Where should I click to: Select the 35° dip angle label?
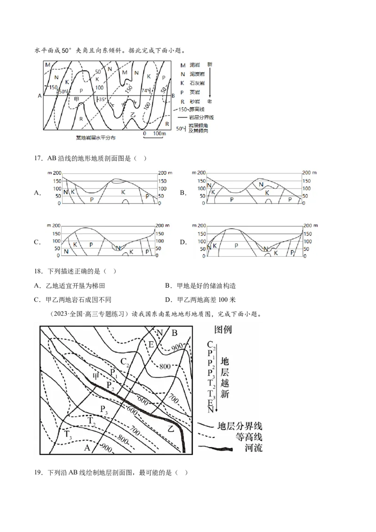coord(102,100)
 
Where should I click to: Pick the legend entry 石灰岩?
coord(195,83)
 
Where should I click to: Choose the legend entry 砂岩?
coord(195,102)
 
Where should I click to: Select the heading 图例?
coord(222,329)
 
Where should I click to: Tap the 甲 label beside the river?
coord(97,376)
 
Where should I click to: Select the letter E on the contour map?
coord(151,344)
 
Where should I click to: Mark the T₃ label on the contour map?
coord(69,434)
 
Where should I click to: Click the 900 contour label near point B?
coord(177,346)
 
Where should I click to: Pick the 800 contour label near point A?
coord(123,440)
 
